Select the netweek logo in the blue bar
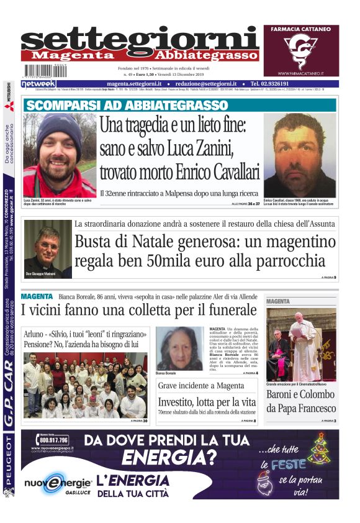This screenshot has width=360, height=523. point(38,83)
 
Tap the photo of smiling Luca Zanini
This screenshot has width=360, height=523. point(60,155)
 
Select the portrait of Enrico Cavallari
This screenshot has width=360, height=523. point(300,155)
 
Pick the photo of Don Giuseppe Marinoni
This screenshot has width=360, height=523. point(48,247)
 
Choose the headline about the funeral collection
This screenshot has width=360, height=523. point(138,309)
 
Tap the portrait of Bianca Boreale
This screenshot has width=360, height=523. point(179,348)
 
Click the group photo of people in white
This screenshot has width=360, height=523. point(85,385)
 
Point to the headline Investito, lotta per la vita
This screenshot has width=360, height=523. point(206,402)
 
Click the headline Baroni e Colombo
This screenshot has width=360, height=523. point(301,401)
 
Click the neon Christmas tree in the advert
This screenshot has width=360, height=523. point(320,449)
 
